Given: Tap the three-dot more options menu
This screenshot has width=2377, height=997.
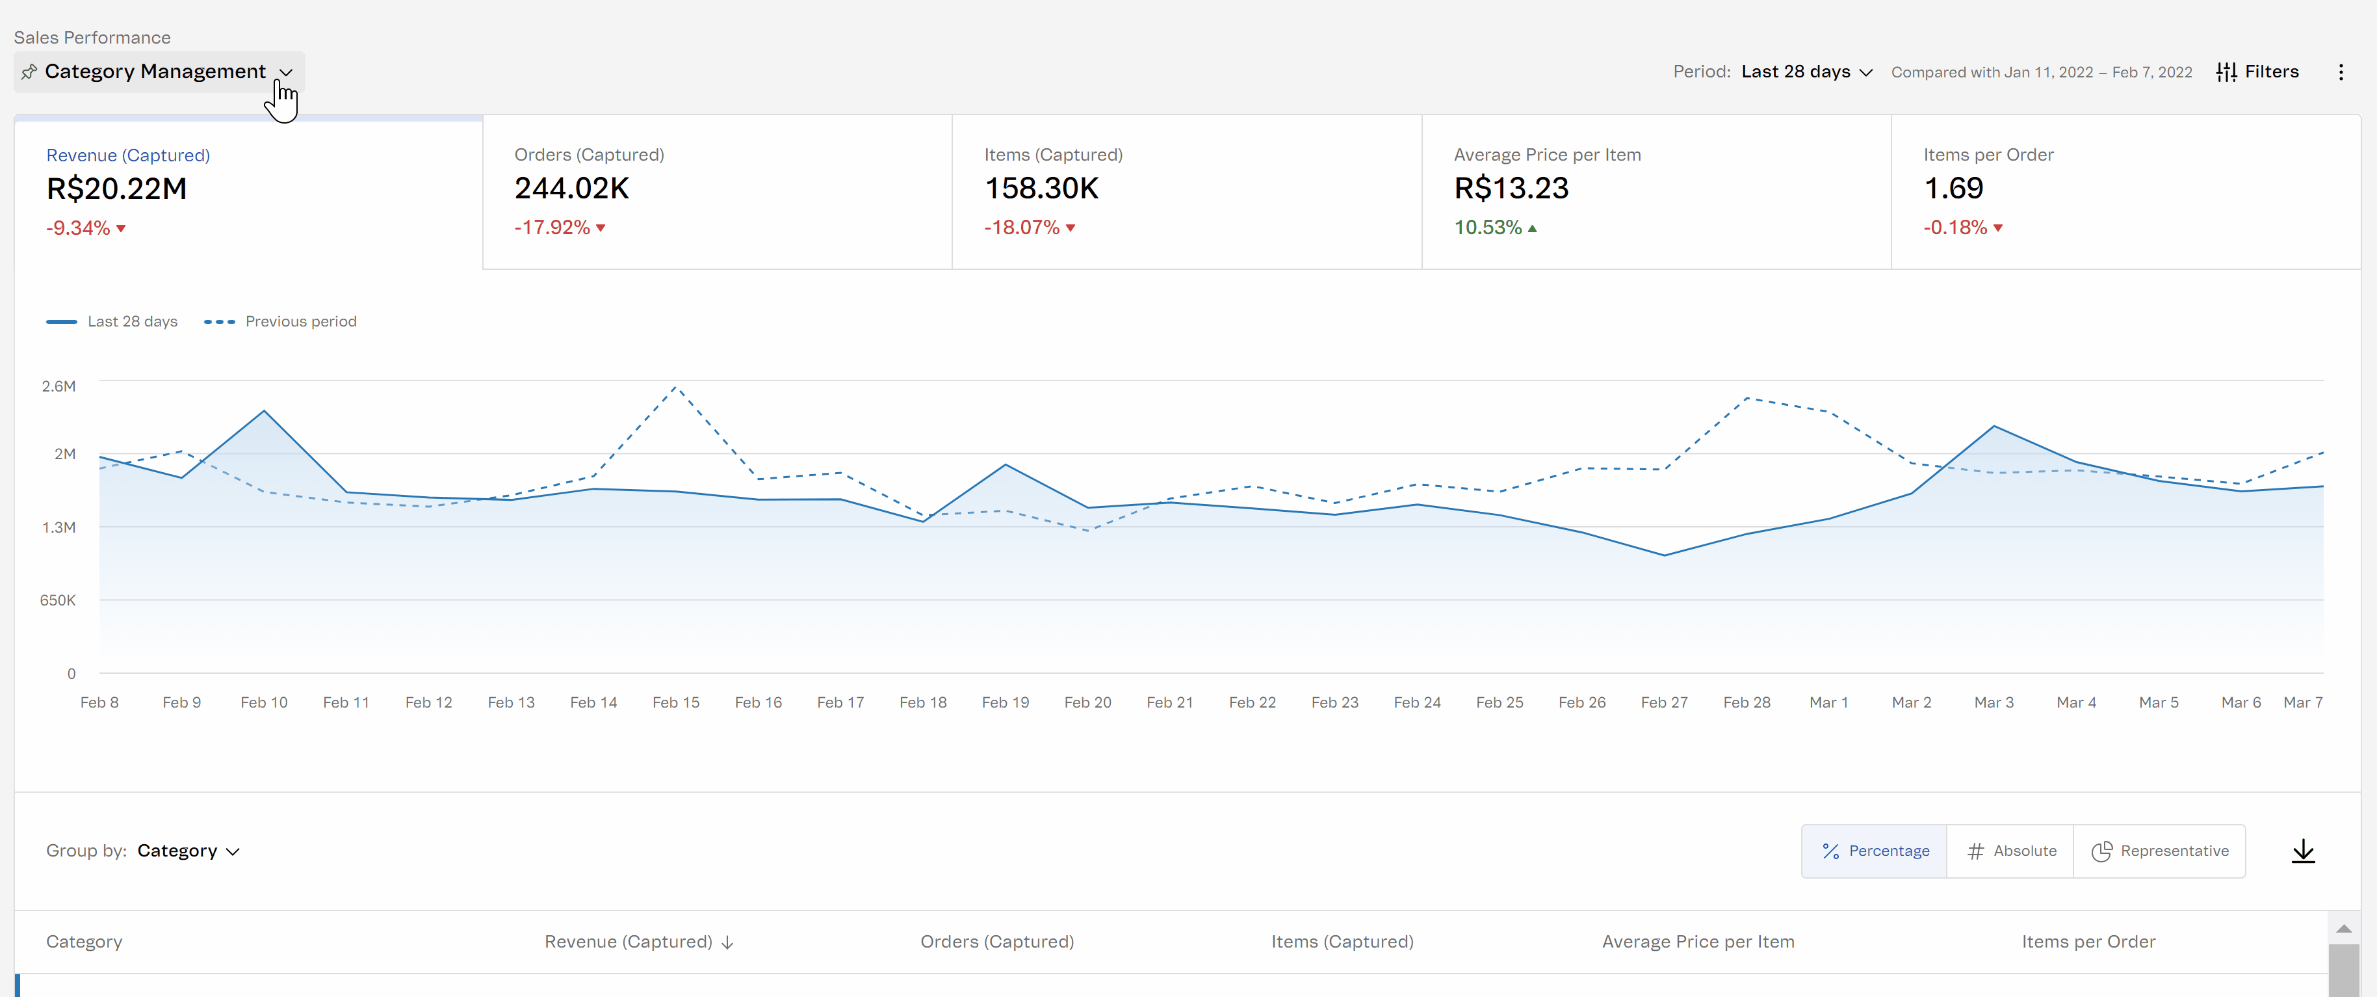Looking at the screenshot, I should point(2341,72).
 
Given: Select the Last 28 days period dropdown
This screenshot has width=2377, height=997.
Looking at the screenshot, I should point(1806,72).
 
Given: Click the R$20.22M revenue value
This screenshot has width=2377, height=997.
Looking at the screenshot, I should point(116,189).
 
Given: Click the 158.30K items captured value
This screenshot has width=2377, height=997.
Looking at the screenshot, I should point(1041,189).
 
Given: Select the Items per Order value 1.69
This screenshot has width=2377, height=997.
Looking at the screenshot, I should point(1953,189).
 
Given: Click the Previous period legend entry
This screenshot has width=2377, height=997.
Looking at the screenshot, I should point(281,321).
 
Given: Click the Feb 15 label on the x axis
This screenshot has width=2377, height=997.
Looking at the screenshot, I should point(675,702).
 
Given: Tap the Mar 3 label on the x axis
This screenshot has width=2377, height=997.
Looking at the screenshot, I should point(1993,702).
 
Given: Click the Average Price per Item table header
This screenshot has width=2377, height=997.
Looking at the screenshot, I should point(1698,942).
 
